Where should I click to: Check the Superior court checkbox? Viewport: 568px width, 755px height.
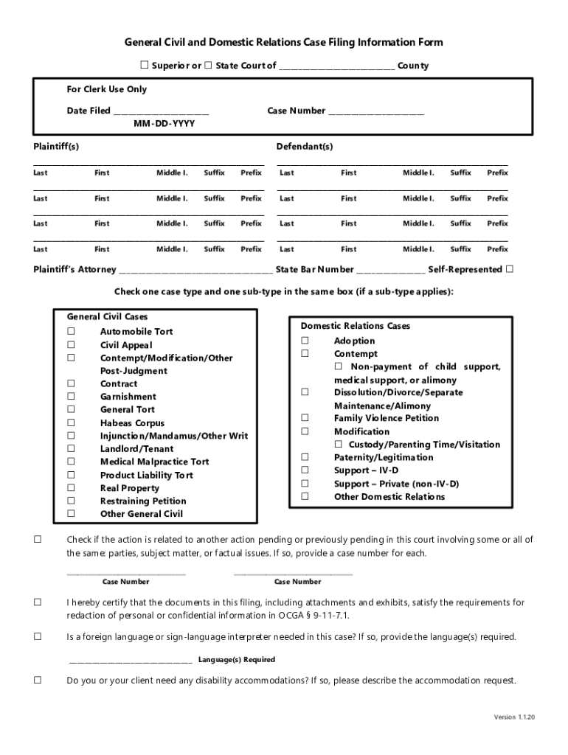[x=145, y=66]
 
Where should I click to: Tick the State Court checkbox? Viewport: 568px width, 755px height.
[x=208, y=66]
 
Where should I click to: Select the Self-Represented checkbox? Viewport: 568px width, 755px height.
[x=509, y=269]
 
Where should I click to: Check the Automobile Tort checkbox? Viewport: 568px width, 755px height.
[x=72, y=332]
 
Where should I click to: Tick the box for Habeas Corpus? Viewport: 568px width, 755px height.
[x=72, y=423]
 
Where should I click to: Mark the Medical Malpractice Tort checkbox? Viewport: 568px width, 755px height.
[x=72, y=462]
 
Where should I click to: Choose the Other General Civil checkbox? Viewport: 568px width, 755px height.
[x=72, y=514]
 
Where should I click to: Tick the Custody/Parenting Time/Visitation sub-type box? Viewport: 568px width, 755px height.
[x=339, y=445]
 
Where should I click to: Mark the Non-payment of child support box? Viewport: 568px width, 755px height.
[x=339, y=366]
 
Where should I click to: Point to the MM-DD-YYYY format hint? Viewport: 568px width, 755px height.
[x=164, y=124]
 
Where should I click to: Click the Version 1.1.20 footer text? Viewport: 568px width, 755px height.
[x=515, y=717]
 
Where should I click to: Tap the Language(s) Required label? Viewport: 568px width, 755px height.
[x=236, y=660]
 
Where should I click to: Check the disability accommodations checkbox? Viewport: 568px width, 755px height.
[x=38, y=681]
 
